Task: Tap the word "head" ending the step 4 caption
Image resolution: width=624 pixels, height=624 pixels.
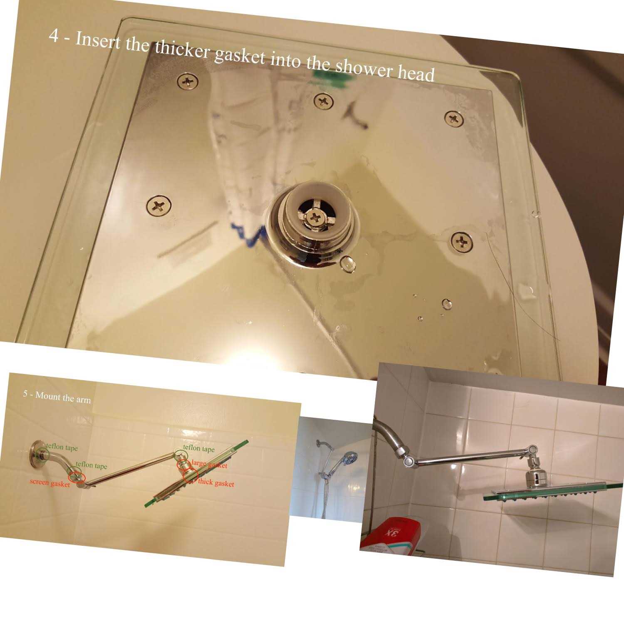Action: coord(416,74)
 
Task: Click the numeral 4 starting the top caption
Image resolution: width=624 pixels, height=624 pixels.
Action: coord(54,36)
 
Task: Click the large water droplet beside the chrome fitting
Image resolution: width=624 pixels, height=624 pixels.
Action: coord(348,265)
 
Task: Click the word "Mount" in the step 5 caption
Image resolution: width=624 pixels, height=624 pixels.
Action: coord(47,396)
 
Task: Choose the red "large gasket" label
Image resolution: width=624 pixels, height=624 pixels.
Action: coord(209,464)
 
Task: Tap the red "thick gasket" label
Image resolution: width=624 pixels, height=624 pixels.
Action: coord(216,483)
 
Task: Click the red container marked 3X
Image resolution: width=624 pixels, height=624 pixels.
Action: coord(391,534)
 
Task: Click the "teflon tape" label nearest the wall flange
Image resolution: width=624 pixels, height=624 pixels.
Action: coord(62,448)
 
